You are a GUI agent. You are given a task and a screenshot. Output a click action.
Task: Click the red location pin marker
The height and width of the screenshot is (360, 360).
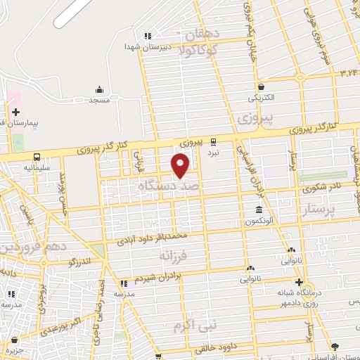[181, 164]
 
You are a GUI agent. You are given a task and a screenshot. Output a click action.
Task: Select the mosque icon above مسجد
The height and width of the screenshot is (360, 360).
[100, 89]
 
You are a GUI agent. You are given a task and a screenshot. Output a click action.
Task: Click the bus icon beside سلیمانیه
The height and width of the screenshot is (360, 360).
[37, 157]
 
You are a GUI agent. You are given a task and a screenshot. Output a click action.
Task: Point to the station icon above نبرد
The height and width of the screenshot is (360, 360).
[214, 140]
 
